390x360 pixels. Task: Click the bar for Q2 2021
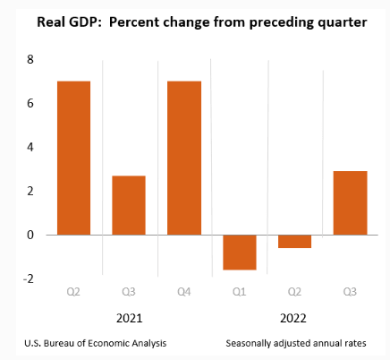(x=73, y=158)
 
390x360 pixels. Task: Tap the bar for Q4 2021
(x=184, y=158)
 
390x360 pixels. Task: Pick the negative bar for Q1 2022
(x=240, y=252)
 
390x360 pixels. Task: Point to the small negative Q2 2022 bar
(x=294, y=241)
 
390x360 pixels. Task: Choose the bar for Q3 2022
(x=350, y=202)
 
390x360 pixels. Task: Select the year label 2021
(x=129, y=317)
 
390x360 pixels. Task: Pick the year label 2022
(x=294, y=317)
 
